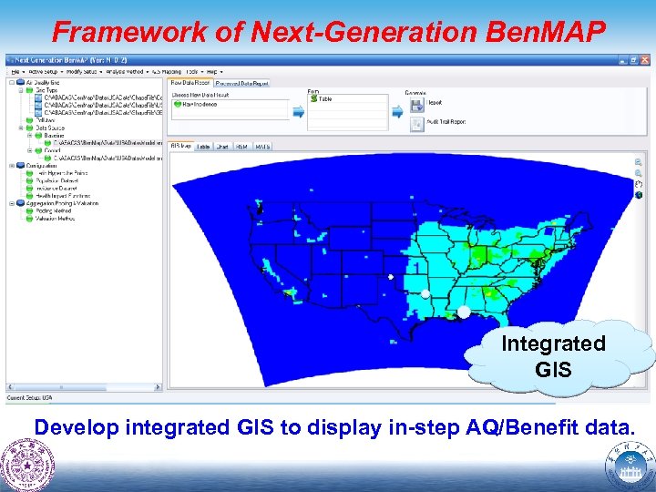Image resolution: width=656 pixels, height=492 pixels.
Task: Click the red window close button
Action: [642, 60]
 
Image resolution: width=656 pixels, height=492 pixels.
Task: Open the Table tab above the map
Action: [203, 146]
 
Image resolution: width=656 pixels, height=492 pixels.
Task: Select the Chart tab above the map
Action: [222, 146]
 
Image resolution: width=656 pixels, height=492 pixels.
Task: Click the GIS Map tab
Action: [180, 146]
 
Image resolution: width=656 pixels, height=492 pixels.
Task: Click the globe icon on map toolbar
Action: [639, 195]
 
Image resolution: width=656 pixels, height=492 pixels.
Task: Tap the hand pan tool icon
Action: [639, 184]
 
